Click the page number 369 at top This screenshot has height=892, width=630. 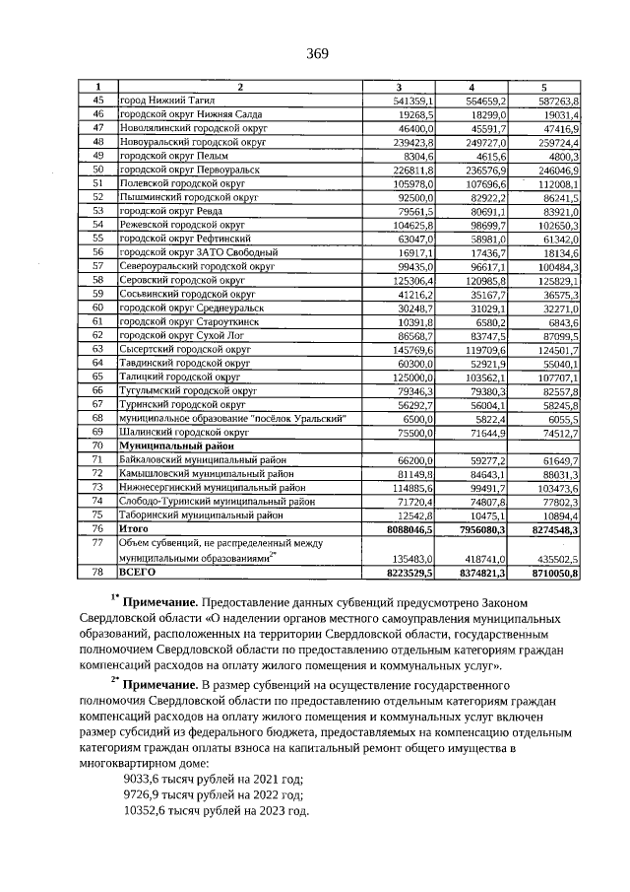click(x=316, y=53)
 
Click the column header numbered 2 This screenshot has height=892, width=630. click(x=239, y=87)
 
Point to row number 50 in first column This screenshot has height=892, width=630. click(x=97, y=170)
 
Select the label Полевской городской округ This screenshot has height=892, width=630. click(x=182, y=183)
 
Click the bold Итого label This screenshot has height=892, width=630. click(x=133, y=528)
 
